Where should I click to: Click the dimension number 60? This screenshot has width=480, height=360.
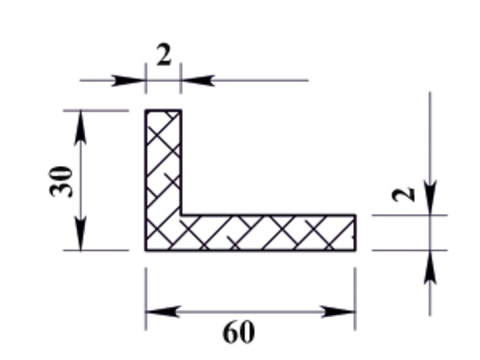coord(239,332)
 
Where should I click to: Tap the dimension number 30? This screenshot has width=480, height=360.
coord(61,182)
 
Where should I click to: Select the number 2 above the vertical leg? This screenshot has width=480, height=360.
coord(164,55)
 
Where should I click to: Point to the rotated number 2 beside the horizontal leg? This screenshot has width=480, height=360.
coord(404,195)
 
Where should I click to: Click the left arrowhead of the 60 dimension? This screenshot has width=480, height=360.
coord(163,312)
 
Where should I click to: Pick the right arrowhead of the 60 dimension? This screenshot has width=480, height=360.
coord(339,312)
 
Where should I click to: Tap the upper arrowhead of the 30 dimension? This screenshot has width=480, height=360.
coord(80,128)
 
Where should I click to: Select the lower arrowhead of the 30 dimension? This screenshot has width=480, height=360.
coord(80,233)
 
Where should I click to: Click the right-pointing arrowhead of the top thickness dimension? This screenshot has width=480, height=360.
coord(128,80)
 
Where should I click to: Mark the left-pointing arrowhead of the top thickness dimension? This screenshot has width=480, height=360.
coord(197,80)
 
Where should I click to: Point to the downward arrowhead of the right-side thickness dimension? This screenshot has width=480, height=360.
coord(430,198)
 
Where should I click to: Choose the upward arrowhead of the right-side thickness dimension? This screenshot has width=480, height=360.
coord(430,267)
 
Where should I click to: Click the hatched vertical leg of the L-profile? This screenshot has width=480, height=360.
coord(163,163)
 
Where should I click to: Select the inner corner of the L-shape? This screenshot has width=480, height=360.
coord(181,215)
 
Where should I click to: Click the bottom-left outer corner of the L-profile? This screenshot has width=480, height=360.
coord(146,250)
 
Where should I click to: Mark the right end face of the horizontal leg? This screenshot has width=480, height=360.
coord(355,233)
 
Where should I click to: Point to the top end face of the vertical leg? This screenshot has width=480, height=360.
coord(163,110)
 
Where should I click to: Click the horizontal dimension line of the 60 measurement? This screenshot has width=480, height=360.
coord(251,312)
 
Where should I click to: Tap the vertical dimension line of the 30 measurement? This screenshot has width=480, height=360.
coord(80,180)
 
